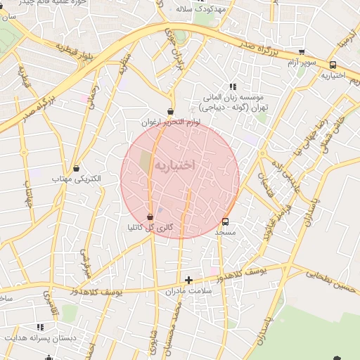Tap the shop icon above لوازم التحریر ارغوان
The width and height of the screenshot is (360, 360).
(x=171, y=112)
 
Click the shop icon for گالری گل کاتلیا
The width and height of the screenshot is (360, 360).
(x=150, y=217)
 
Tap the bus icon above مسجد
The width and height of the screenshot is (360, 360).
(x=224, y=221)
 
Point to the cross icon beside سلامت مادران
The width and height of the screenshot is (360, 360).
(x=188, y=280)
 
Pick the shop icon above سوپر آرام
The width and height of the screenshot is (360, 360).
(x=302, y=52)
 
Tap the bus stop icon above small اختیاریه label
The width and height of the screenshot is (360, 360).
(x=333, y=65)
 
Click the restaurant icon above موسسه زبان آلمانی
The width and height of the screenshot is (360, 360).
(x=233, y=86)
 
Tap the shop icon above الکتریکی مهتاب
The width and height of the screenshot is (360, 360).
(x=77, y=168)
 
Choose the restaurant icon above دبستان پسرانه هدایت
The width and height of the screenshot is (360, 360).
(x=40, y=327)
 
